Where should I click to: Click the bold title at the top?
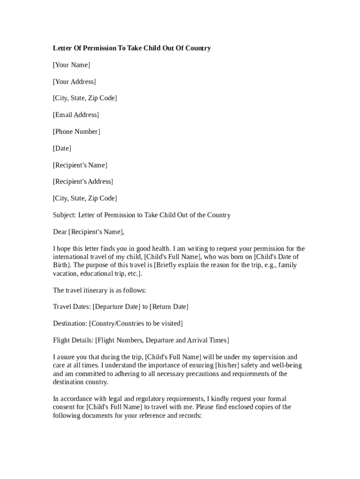(132, 48)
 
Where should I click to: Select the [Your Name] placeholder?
(72, 65)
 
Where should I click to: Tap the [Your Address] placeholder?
(74, 82)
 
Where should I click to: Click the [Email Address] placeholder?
(76, 115)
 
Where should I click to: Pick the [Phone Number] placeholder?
(77, 132)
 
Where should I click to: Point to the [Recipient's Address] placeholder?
(83, 181)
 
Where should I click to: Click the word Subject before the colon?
(64, 215)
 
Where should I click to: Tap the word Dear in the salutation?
(60, 232)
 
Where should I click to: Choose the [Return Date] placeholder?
(169, 307)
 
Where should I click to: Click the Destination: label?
(70, 324)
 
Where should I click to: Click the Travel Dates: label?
(72, 307)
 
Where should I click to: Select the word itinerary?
(94, 290)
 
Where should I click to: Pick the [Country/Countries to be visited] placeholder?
(136, 324)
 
